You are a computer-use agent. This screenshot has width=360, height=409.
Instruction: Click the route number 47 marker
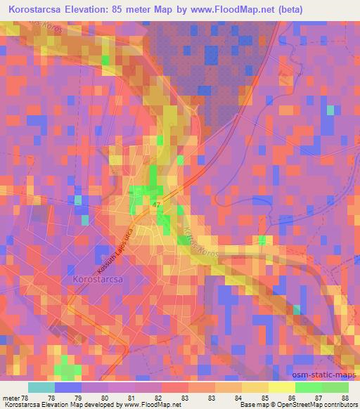pos(157,203)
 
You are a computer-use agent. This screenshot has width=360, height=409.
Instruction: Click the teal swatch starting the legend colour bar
pos(41,388)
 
